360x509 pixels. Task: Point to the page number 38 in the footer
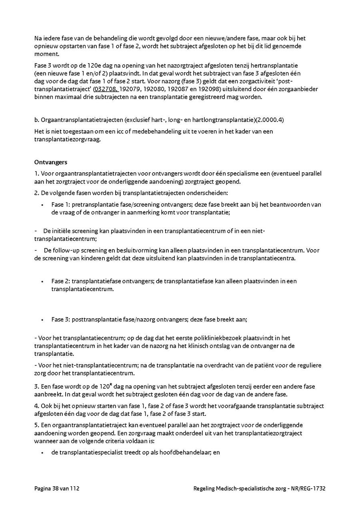pyautogui.click(x=55, y=488)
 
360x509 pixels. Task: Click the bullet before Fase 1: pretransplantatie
pyautogui.click(x=42, y=205)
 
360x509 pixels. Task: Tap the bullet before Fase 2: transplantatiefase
pyautogui.click(x=42, y=281)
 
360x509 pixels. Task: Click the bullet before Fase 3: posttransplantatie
pyautogui.click(x=42, y=320)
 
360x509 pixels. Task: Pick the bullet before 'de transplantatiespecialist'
pyautogui.click(x=42, y=453)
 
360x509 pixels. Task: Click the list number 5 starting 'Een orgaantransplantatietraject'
pyautogui.click(x=36, y=425)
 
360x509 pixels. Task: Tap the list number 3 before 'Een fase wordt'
pyautogui.click(x=36, y=386)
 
